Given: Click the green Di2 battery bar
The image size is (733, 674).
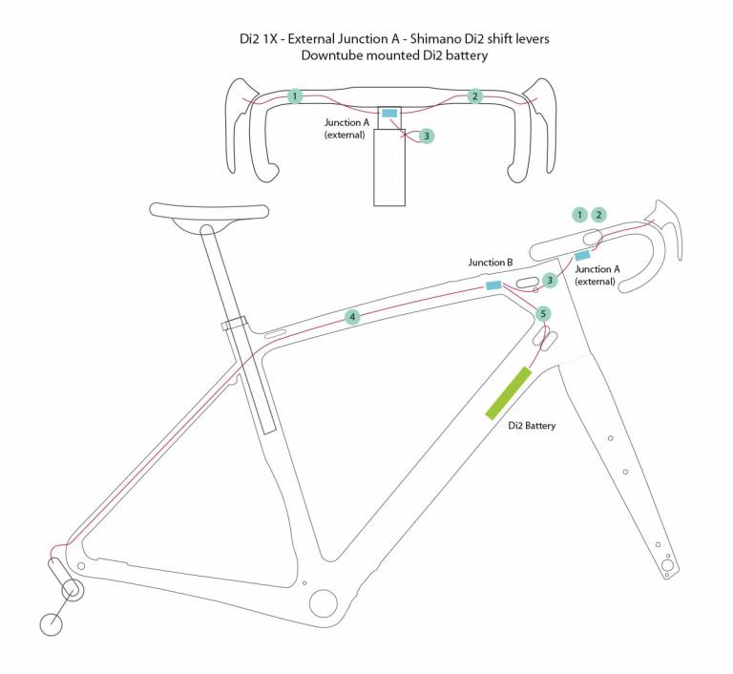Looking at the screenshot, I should (508, 392).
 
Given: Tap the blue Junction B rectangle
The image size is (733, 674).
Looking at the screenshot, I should (493, 285).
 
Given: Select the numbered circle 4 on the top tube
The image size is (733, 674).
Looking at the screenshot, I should (352, 317).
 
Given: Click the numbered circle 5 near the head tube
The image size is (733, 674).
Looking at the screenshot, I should (543, 313).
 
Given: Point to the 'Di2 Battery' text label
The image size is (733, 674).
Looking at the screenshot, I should (533, 426).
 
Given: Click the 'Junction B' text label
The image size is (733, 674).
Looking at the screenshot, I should (491, 263).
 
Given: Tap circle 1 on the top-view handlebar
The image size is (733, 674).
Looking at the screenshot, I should (296, 96).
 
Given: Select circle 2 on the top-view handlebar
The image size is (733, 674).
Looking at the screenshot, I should (474, 96).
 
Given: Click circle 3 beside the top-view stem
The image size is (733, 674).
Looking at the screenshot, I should (426, 137).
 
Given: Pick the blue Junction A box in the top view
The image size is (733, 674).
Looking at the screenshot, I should (389, 114).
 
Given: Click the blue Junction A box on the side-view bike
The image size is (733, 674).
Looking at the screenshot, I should (581, 255).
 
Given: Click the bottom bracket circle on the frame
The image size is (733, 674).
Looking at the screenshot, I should (323, 603).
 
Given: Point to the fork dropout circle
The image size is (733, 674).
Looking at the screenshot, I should (668, 567).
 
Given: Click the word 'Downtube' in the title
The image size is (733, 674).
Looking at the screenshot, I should (333, 55).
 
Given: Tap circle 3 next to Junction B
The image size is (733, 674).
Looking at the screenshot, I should (549, 280).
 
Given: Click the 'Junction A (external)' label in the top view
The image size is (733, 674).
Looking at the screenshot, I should (346, 129).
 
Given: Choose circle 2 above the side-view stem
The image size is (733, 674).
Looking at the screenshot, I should (598, 215).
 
